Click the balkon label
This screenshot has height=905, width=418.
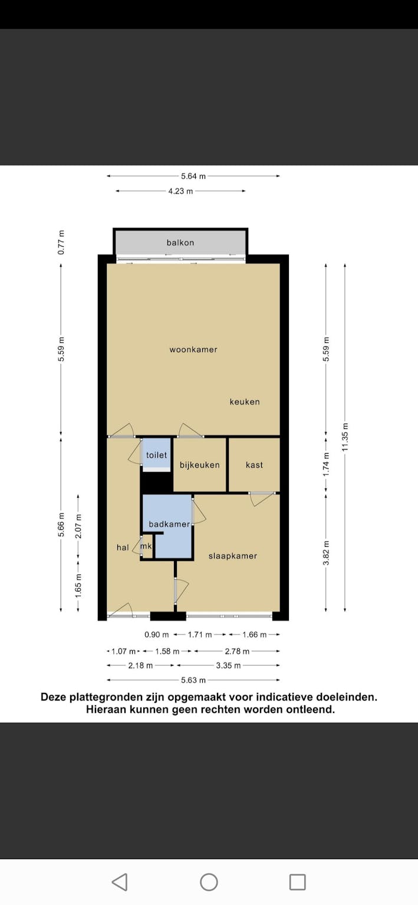pos(180,242)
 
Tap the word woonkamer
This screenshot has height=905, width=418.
pos(193,349)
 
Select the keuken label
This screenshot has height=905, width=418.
pos(245,402)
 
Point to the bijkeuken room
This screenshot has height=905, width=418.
pos(200,465)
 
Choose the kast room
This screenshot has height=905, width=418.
pos(254,465)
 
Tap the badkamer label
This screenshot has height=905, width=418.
pos(169,524)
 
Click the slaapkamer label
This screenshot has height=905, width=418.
pos(233,556)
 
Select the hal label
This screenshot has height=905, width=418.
pos(123,547)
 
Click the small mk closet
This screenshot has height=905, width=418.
pos(147,547)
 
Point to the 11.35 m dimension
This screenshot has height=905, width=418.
pos(345,437)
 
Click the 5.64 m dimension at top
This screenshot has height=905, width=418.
pos(193,176)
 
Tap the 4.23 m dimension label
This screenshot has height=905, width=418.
pos(181,191)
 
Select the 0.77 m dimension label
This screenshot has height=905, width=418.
pos(61,242)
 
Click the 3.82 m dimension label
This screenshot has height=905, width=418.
pos(326,553)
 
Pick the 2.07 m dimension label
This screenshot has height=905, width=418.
pos(78,526)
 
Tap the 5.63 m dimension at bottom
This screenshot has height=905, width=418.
pos(193,680)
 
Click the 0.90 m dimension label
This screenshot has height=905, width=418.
pos(156,635)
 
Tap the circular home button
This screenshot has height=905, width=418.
pos(209,882)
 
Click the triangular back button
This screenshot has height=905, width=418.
pos(120,882)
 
